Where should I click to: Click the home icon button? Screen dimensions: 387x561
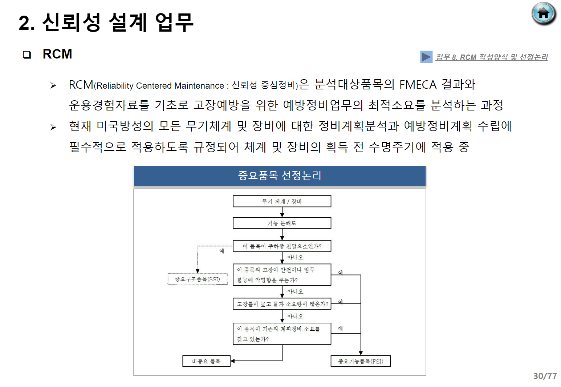pyautogui.click(x=544, y=14)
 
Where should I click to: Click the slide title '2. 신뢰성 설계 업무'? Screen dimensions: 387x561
pyautogui.click(x=106, y=23)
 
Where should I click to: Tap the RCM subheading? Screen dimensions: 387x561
pyautogui.click(x=57, y=54)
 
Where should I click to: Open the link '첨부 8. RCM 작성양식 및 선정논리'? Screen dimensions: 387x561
pyautogui.click(x=492, y=57)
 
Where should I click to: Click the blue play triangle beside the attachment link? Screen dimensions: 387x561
pyautogui.click(x=426, y=57)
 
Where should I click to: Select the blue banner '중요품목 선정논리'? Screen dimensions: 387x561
pyautogui.click(x=280, y=176)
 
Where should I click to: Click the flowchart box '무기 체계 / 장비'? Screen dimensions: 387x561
pyautogui.click(x=282, y=201)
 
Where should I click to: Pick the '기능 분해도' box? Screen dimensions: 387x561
pyautogui.click(x=282, y=223)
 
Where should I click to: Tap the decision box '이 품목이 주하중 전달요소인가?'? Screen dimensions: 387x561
pyautogui.click(x=282, y=246)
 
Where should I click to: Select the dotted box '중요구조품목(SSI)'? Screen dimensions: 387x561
pyautogui.click(x=198, y=279)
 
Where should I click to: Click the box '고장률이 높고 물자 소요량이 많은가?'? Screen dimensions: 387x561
pyautogui.click(x=282, y=304)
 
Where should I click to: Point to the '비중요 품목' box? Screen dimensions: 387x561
pyautogui.click(x=206, y=361)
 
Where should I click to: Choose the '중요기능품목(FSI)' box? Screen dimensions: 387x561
pyautogui.click(x=361, y=361)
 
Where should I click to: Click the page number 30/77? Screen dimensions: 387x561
pyautogui.click(x=545, y=376)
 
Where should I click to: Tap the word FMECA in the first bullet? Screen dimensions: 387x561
pyautogui.click(x=418, y=85)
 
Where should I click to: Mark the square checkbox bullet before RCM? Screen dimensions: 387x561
pyautogui.click(x=27, y=55)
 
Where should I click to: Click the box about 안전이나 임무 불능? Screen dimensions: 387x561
pyautogui.click(x=282, y=275)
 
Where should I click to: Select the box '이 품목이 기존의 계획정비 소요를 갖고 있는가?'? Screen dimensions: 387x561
pyautogui.click(x=282, y=334)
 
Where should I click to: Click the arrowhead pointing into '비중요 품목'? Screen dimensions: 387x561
pyautogui.click(x=233, y=361)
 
